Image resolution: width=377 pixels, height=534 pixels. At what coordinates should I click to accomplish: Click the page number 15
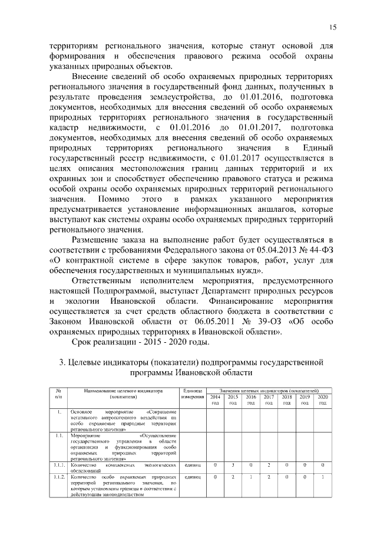(333, 28)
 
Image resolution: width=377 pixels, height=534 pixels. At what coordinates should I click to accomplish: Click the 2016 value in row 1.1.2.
(251, 476)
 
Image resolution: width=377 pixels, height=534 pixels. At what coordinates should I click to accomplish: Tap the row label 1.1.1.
(58, 466)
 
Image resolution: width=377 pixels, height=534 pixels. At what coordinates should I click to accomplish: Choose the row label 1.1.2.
(58, 476)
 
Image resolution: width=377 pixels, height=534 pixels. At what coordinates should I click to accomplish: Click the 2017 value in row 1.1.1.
(269, 466)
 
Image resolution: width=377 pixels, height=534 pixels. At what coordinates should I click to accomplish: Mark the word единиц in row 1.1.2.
(193, 476)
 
